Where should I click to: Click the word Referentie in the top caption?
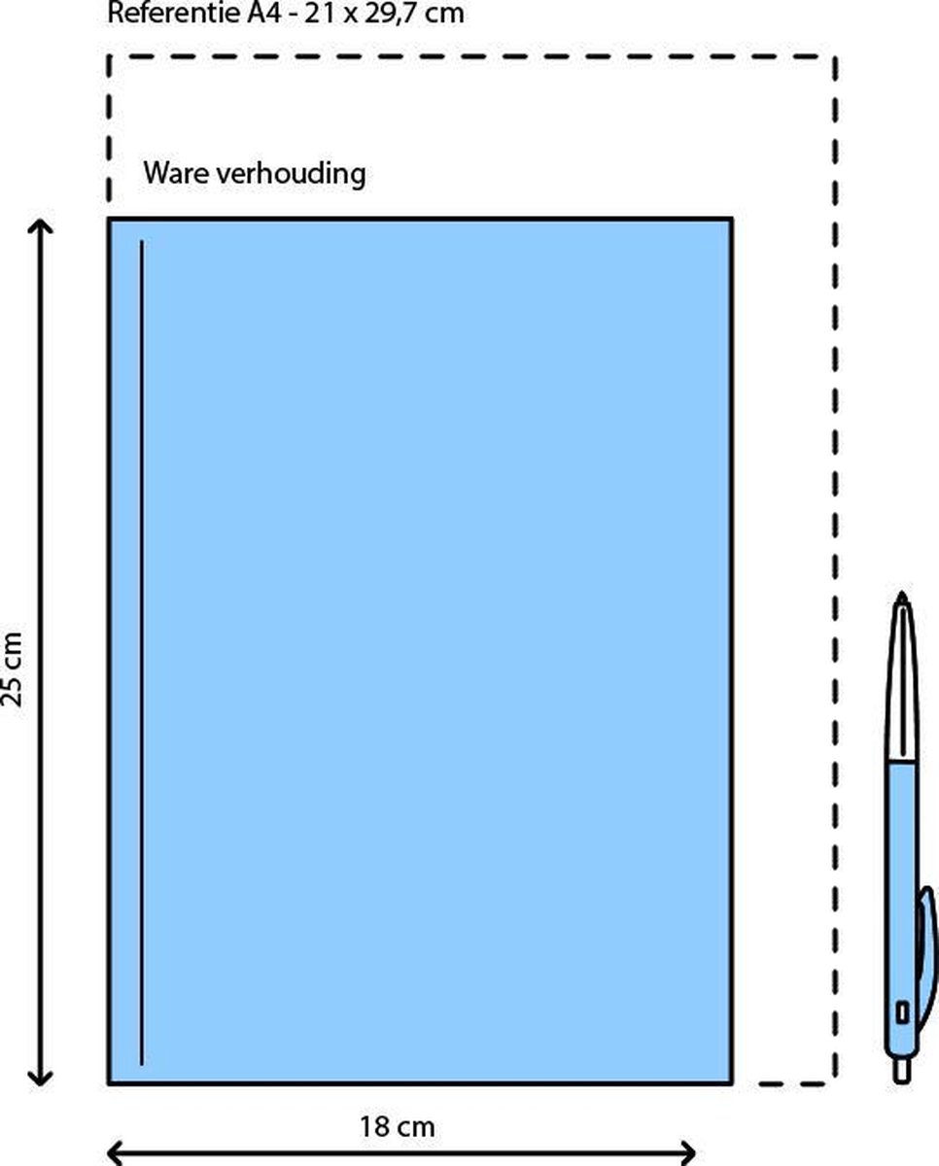coord(162,14)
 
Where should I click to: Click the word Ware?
coord(171,174)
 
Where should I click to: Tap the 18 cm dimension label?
coord(398,1127)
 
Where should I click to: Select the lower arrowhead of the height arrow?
coord(40,1078)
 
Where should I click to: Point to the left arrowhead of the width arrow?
coord(113,1153)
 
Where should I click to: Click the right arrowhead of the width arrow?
coord(688,1153)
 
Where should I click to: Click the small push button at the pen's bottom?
coord(902,1070)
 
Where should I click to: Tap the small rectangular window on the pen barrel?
coord(901,1012)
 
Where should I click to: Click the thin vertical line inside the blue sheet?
coord(142,651)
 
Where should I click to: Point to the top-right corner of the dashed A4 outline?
coord(834,57)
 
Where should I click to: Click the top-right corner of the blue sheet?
coord(730,221)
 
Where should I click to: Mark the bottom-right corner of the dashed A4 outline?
coord(833,1081)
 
